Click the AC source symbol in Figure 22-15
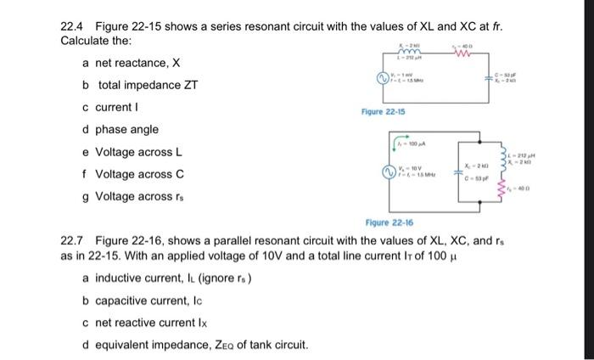click(x=384, y=81)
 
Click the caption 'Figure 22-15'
click(x=384, y=112)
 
